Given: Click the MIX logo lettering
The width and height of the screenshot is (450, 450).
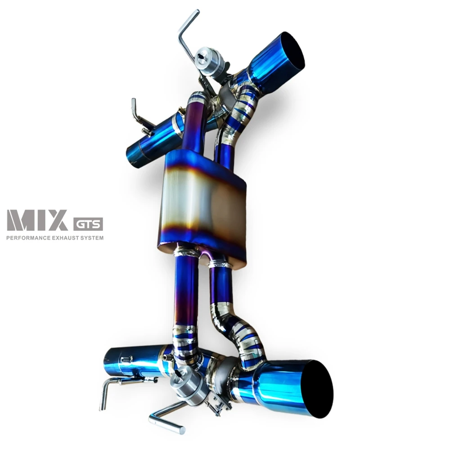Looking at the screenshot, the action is coord(38,220).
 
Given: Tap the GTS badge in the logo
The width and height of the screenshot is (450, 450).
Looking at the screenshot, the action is coord(88,224).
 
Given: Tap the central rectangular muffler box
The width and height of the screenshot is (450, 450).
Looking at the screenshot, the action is coord(202,206).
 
